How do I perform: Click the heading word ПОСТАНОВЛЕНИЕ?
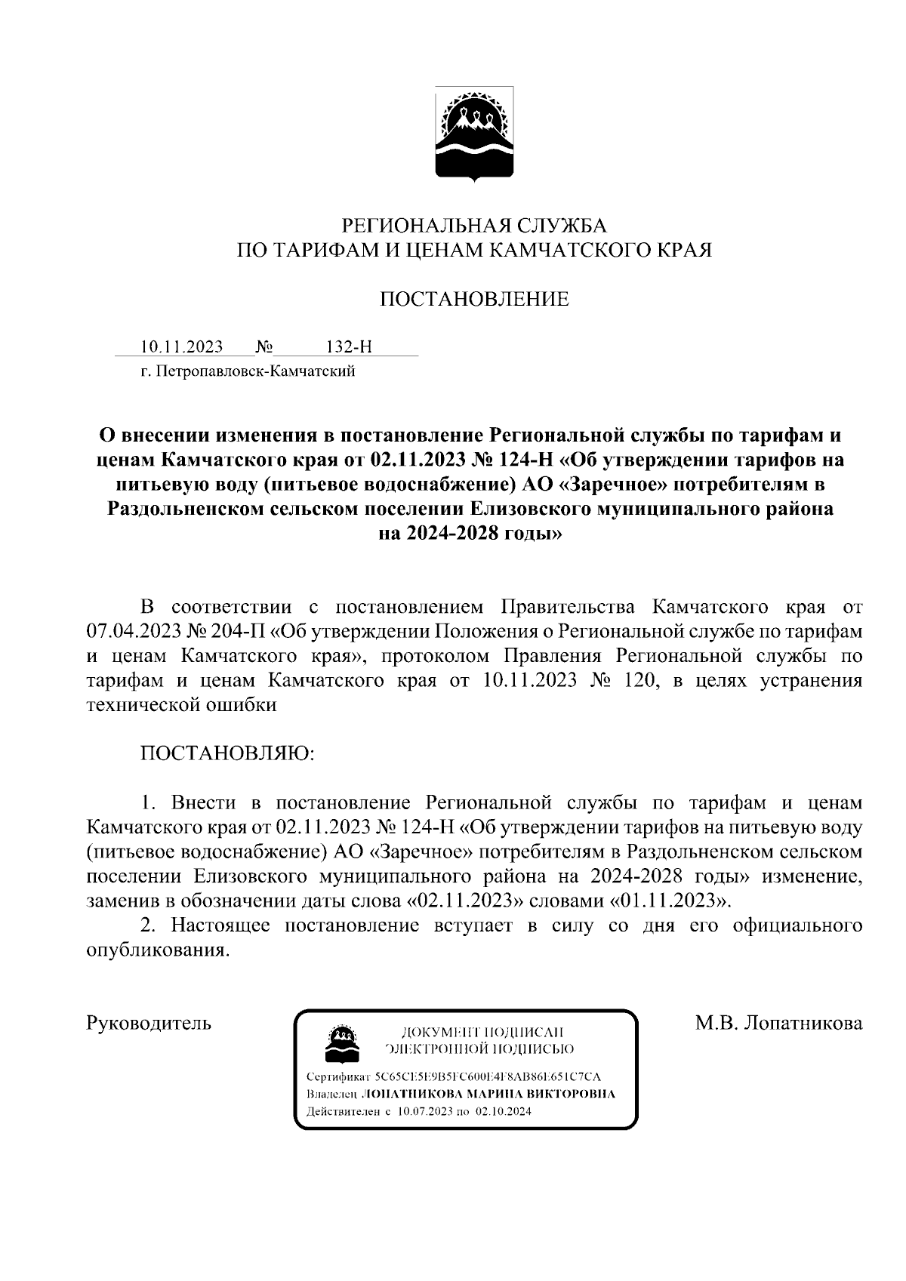(x=474, y=300)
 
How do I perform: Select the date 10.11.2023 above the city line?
(x=182, y=346)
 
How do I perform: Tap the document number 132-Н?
(x=349, y=346)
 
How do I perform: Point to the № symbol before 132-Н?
(x=264, y=346)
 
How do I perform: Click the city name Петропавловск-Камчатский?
(x=254, y=371)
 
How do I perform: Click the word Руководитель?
(x=149, y=1024)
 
